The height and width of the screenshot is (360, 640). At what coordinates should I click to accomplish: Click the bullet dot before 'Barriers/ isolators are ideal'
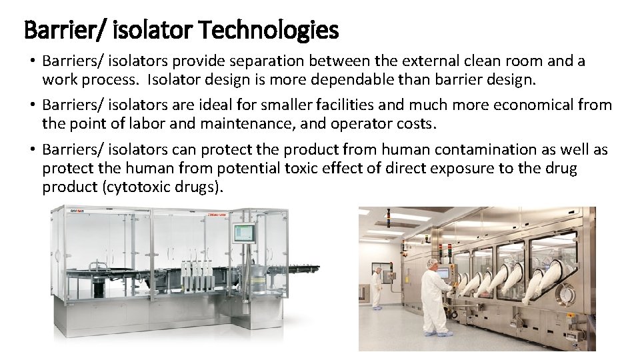(x=33, y=105)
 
